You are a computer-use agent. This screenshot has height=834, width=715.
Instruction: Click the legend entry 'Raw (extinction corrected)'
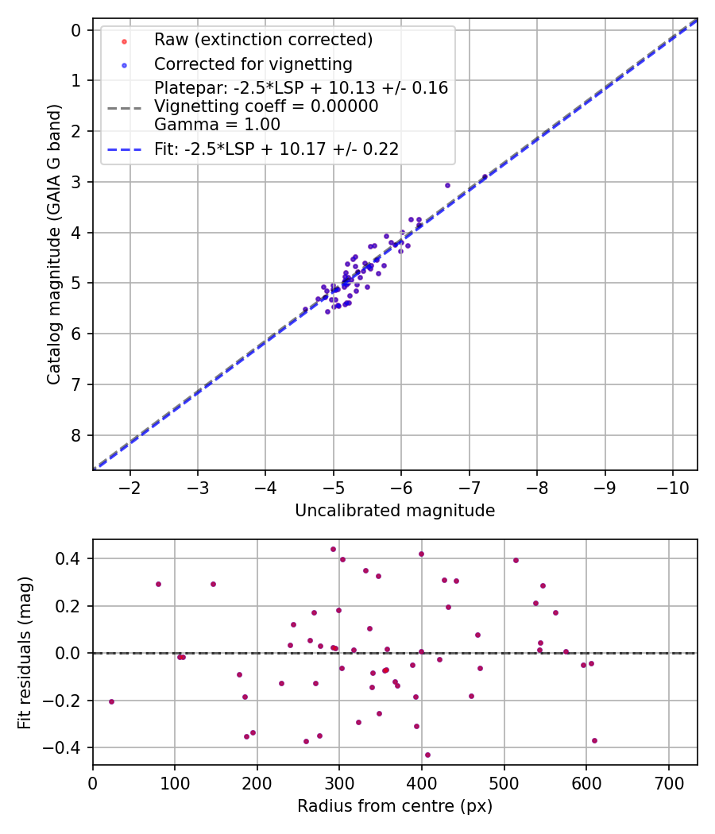pos(263,40)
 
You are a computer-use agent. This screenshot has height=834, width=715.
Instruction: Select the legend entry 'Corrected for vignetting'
pos(253,64)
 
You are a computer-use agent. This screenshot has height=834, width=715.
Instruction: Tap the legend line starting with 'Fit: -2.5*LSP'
pos(276,149)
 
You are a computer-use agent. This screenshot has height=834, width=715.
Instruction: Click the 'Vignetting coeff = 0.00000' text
pos(266,106)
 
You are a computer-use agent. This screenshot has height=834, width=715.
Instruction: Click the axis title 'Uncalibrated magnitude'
pos(395,511)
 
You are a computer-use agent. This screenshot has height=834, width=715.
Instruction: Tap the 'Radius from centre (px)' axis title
pos(395,806)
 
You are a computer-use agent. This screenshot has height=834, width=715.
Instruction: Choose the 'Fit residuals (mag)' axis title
pos(25,652)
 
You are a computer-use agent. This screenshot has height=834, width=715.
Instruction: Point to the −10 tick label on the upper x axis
pos(673,486)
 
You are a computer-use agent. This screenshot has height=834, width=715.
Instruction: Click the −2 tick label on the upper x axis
pos(130,486)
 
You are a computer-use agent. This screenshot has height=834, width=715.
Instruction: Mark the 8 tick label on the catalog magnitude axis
pos(76,435)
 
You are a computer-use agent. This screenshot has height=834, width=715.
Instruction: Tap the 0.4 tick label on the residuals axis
pos(71,558)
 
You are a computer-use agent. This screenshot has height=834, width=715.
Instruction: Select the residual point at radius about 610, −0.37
pos(594,740)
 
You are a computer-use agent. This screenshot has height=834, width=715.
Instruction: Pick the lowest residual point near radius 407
pos(427,755)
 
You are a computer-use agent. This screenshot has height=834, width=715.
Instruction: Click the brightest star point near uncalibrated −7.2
pos(485,177)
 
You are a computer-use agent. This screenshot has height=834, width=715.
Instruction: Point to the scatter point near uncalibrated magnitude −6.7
pos(447,185)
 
